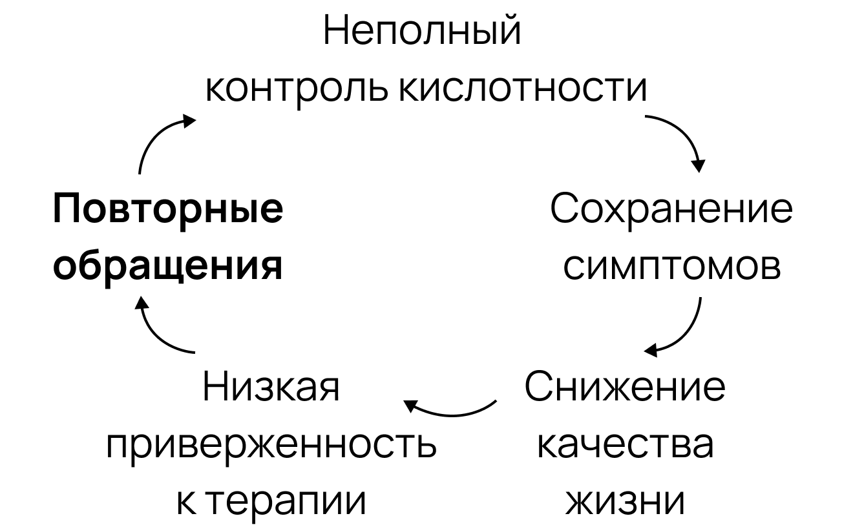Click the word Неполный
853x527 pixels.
pos(421,32)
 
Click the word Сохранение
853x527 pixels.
pos(670,210)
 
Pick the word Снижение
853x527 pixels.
pos(624,387)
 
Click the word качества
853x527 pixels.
pos(626,444)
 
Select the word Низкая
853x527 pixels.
pos(271,387)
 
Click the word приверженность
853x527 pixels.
pos(271,445)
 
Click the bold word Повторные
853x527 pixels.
pos(167,210)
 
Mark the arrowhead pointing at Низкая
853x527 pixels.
pos(411,406)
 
